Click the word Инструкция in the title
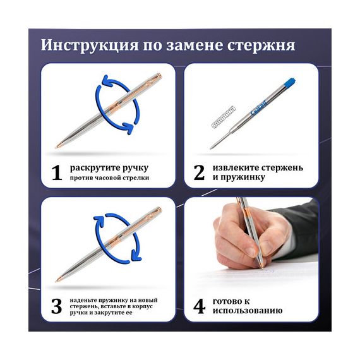90,45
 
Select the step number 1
56,172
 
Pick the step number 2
199,172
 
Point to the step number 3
56,306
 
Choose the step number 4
199,306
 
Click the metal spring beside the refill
223,117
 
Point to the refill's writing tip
211,148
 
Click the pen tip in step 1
57,147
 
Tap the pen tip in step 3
57,280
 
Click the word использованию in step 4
248,311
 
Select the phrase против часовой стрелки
109,178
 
